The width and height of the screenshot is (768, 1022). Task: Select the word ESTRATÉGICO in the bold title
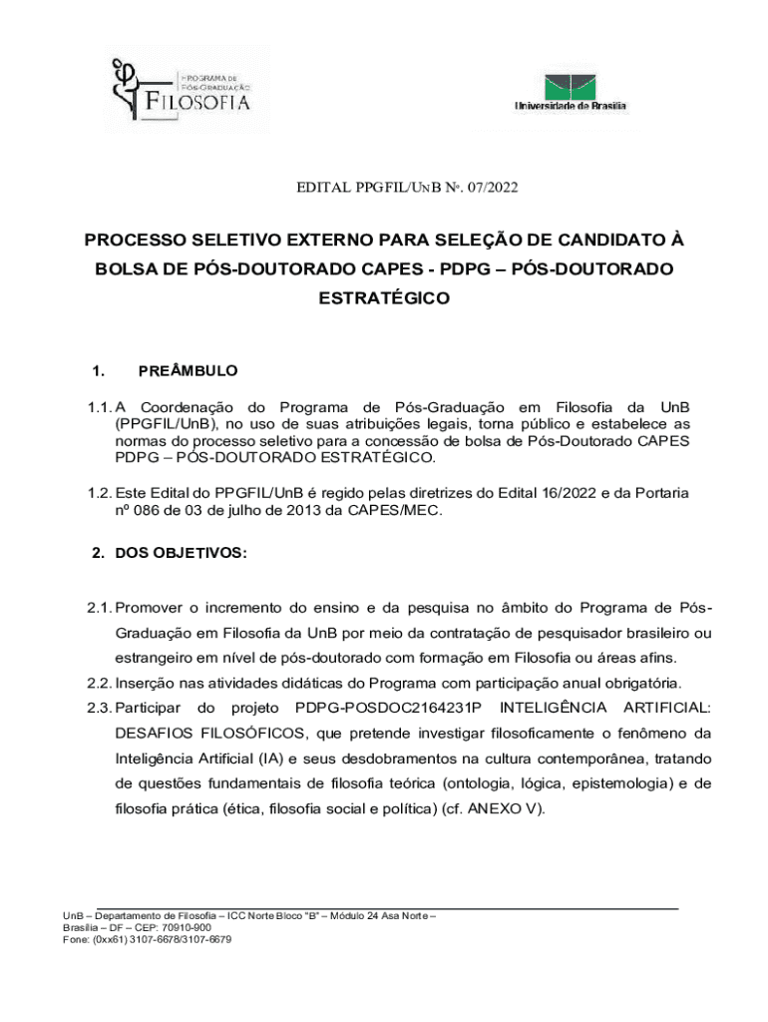(x=384, y=297)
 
